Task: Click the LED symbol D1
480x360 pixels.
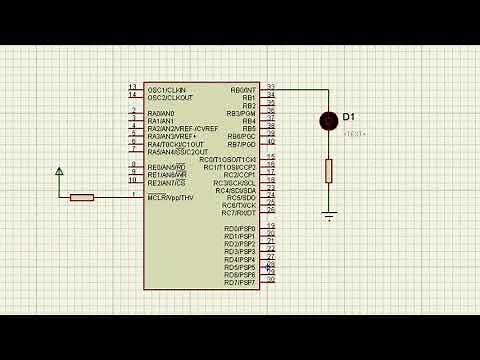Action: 328,121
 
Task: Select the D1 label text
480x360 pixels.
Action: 350,118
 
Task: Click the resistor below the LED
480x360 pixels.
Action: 328,171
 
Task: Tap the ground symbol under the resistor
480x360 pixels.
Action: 328,214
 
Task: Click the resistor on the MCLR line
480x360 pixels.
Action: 82,197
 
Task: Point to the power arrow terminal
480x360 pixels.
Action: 60,173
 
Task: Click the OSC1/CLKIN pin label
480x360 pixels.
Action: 170,90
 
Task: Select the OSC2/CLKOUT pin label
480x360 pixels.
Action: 171,98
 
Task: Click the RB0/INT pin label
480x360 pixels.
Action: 243,90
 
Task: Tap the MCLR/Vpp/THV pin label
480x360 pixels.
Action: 170,198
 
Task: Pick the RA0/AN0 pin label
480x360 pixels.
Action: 161,113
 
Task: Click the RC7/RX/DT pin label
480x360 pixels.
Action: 239,213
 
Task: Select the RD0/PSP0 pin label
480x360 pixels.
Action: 240,229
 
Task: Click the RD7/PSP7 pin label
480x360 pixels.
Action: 240,283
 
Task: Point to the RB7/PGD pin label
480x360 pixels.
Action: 242,144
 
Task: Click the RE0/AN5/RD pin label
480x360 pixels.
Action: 167,167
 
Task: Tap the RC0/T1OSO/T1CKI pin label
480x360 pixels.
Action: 228,160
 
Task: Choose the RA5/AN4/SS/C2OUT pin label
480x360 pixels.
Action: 178,152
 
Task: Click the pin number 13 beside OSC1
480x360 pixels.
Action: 133,88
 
